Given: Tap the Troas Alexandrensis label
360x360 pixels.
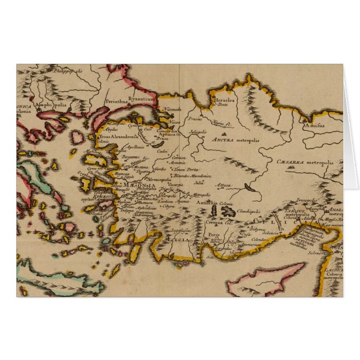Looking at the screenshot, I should pyautogui.click(x=115, y=136).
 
